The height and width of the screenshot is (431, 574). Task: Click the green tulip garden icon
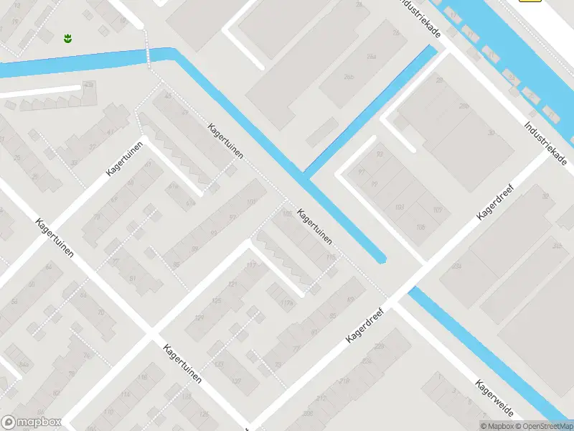(67, 37)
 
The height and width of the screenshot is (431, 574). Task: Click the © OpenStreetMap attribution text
(543, 426)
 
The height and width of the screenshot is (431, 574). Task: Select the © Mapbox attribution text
(497, 426)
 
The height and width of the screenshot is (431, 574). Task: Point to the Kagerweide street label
(494, 399)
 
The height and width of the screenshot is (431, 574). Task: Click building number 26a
(371, 56)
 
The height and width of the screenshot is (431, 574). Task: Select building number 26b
(349, 78)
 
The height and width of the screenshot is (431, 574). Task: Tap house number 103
(400, 208)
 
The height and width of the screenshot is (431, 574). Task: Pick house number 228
(379, 346)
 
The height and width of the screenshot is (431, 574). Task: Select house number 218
(344, 380)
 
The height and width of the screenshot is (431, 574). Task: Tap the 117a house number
(288, 303)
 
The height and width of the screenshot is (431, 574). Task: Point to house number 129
(199, 317)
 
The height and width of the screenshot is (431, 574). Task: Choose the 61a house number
(173, 185)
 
